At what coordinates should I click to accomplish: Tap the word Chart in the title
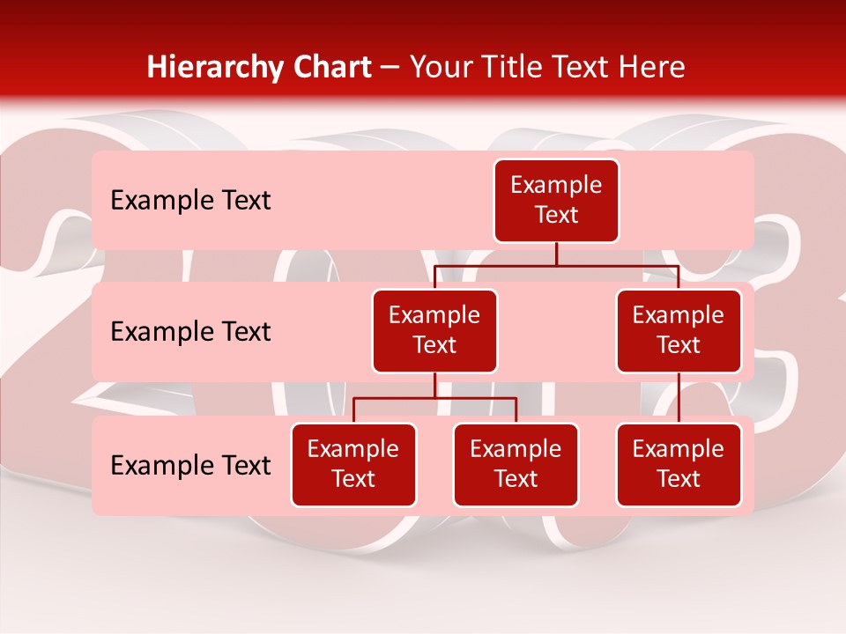click(x=329, y=67)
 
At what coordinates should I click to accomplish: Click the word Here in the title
click(x=651, y=67)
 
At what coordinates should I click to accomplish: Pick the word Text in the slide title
click(x=585, y=67)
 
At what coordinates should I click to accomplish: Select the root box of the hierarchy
click(x=556, y=201)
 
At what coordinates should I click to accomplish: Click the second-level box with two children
click(x=434, y=331)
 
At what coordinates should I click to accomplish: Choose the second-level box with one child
click(x=679, y=331)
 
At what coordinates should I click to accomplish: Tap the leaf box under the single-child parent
click(x=679, y=465)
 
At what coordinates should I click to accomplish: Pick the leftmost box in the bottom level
click(x=353, y=465)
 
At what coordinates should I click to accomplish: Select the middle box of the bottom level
click(x=516, y=465)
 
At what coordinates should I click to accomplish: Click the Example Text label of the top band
click(x=190, y=201)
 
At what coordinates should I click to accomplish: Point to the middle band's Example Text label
click(x=190, y=332)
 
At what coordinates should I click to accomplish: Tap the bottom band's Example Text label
click(x=190, y=466)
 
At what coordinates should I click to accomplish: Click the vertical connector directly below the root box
click(x=556, y=254)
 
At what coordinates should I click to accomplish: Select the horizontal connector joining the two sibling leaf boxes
click(x=434, y=399)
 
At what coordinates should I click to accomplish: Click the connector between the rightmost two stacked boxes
click(x=679, y=398)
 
